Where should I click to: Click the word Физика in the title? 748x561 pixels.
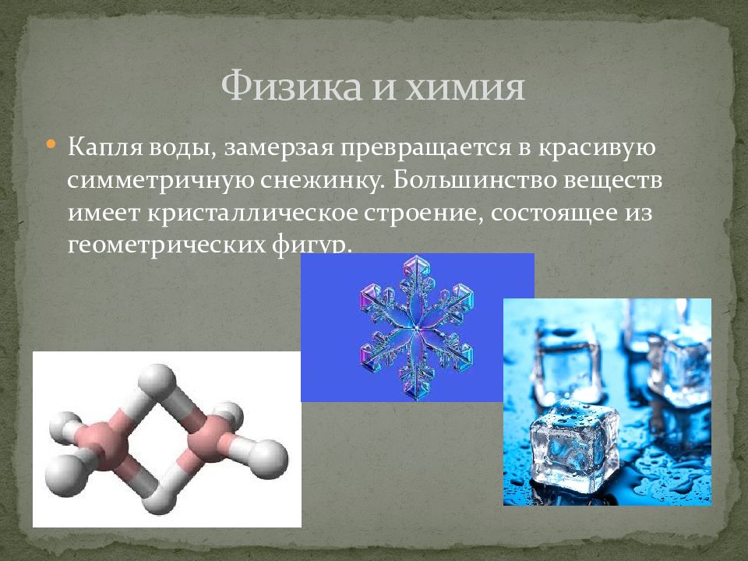tap(291, 86)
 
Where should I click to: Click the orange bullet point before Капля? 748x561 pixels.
tap(51, 143)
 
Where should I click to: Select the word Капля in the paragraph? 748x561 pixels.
tap(105, 147)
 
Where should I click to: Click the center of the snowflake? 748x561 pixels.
tap(416, 328)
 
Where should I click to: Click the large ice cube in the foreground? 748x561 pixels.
tap(574, 441)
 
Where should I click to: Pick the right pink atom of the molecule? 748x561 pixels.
tap(209, 439)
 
